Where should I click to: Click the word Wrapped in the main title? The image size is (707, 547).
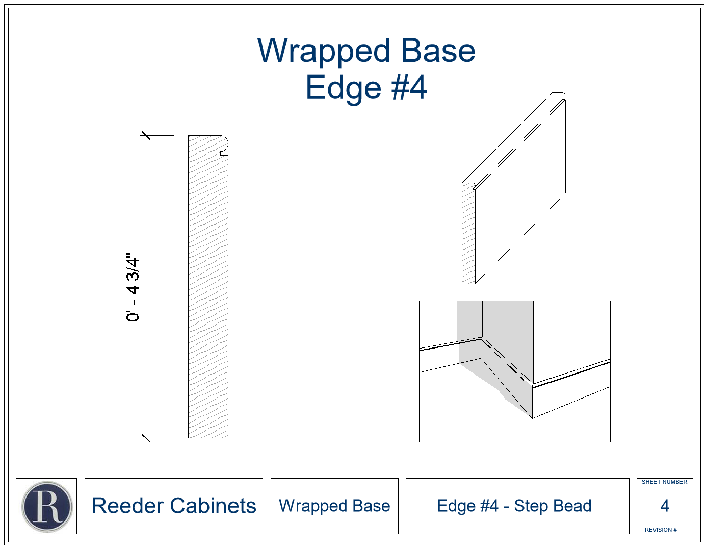pos(324,52)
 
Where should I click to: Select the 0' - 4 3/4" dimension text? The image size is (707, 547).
pos(133,287)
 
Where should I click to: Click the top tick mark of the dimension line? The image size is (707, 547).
pos(146,135)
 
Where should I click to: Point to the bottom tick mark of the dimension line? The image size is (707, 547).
pos(146,438)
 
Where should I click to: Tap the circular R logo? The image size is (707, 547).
pos(47,507)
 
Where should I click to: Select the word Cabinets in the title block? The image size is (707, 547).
pos(214,506)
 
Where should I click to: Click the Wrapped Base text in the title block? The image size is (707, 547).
pos(334,506)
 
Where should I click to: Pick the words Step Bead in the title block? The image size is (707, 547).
pos(553,506)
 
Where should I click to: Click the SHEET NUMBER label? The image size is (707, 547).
pos(664,482)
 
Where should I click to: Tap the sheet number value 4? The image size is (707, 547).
pos(665,506)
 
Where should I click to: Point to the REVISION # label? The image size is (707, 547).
pos(661,530)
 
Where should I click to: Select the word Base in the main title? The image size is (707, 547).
pos(438,52)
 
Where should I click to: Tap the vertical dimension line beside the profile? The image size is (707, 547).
pos(146,287)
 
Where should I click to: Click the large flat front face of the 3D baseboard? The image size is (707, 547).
pos(520,192)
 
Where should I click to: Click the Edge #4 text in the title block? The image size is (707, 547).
pos(467,506)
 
